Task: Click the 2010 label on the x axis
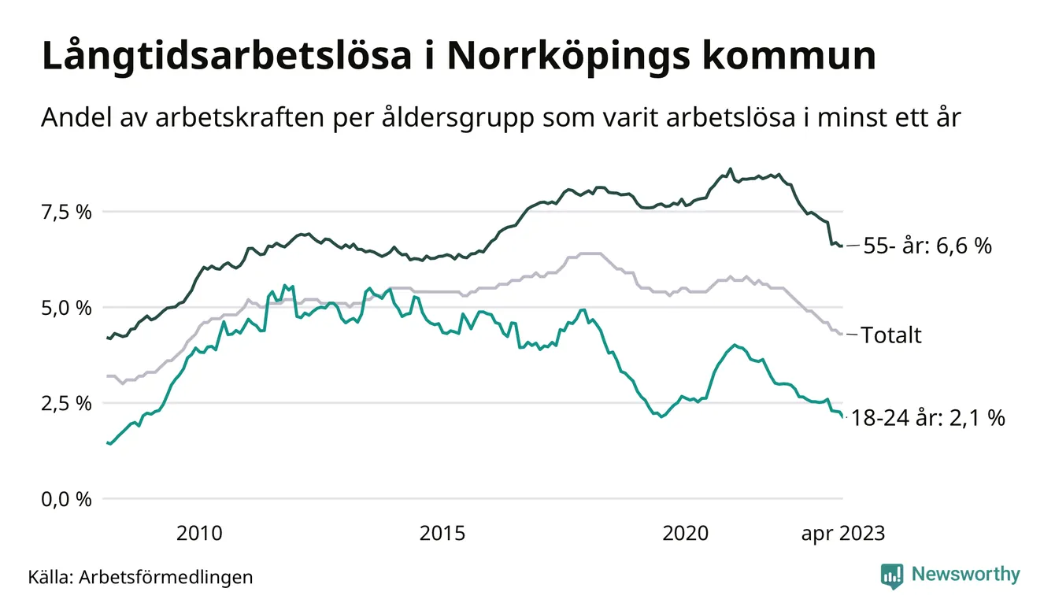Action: click(199, 534)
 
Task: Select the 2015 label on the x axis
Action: click(442, 534)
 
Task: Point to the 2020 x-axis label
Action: click(686, 534)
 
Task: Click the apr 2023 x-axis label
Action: click(842, 534)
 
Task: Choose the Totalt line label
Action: click(891, 335)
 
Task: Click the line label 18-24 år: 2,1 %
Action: click(928, 419)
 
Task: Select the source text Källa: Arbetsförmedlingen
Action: click(140, 577)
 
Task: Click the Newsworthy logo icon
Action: click(892, 575)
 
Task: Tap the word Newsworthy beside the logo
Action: click(966, 575)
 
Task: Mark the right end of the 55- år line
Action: click(842, 246)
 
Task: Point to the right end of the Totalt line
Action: click(842, 335)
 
